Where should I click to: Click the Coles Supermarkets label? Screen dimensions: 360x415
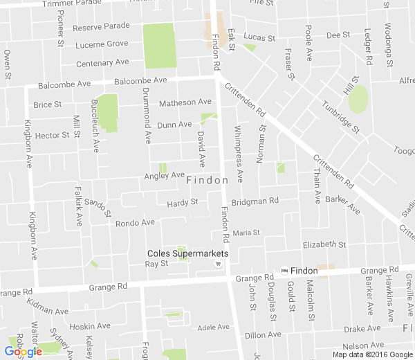coord(187,253)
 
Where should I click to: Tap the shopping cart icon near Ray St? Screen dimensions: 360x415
coord(219,264)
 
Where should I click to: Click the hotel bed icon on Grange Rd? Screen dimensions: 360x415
coord(284,270)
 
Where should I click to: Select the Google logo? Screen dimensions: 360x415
coord(23,352)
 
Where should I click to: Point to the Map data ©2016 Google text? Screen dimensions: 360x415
coord(372,354)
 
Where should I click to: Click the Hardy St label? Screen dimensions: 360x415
coord(183,203)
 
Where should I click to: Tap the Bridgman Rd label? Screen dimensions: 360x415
coord(255,201)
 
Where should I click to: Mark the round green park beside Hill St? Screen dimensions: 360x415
coord(358,100)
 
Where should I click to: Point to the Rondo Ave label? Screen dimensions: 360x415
coord(135,223)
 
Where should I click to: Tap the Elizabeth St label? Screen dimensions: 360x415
coord(324,245)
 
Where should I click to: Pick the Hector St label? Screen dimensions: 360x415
coord(52,136)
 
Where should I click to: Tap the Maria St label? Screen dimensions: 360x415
coord(246,233)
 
